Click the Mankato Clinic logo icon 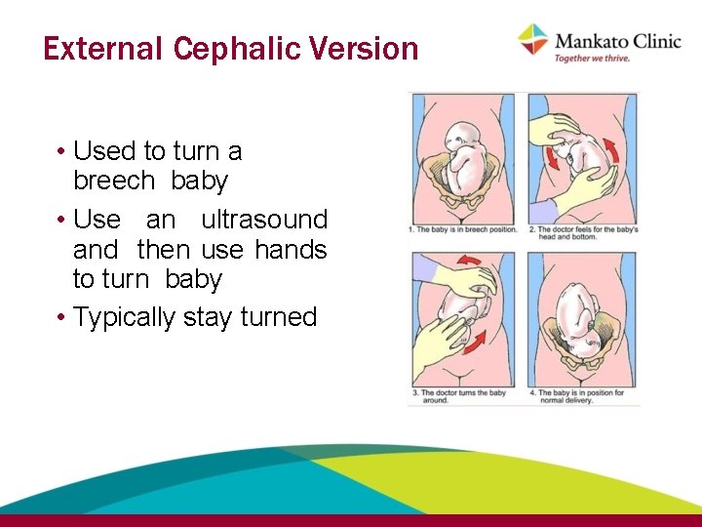(x=532, y=40)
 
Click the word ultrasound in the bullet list (x=264, y=220)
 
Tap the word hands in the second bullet (x=291, y=249)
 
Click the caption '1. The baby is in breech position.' (x=465, y=230)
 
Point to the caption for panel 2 (x=583, y=233)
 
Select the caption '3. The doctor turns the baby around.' (x=460, y=395)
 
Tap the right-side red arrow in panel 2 (x=611, y=150)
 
